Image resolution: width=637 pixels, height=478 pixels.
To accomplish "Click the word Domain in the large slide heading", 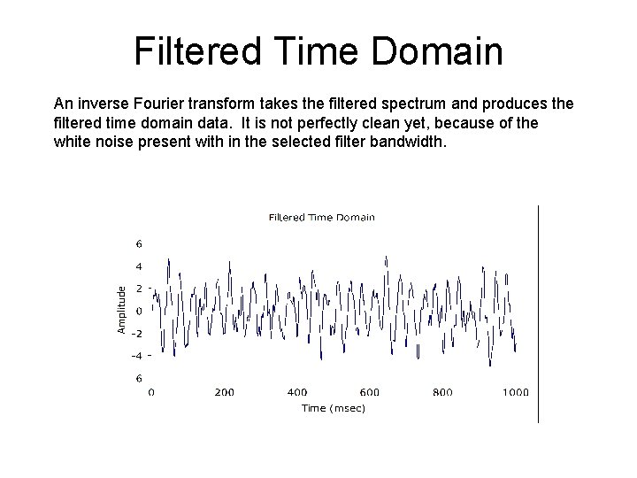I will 437,51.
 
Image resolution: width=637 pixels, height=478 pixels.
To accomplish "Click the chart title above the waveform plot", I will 321,217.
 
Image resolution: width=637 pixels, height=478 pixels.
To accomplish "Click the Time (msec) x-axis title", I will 333,408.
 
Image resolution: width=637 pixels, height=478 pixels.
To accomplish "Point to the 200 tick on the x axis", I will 224,392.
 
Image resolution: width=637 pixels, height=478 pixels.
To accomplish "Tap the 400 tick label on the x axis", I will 297,392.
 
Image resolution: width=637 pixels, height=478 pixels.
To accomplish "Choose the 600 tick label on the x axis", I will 369,392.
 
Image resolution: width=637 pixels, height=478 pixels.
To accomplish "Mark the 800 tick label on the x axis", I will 441,392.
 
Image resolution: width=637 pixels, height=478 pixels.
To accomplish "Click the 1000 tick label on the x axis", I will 515,392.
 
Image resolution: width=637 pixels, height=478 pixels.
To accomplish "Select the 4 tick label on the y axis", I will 138,266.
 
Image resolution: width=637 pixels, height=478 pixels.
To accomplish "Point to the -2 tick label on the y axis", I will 137,334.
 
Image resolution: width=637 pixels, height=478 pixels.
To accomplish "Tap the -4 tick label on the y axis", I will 137,356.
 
